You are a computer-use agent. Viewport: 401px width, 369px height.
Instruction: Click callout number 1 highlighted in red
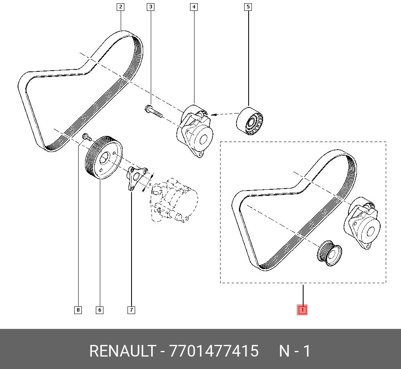[x=302, y=310]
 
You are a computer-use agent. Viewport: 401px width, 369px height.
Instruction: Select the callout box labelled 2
[x=120, y=7]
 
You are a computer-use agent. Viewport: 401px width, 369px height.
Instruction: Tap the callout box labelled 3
[x=150, y=7]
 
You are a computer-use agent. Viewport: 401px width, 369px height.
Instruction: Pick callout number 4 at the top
[x=194, y=7]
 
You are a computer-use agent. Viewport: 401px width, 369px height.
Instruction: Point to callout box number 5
[x=248, y=7]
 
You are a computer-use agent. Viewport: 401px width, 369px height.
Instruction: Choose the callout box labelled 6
[x=99, y=310]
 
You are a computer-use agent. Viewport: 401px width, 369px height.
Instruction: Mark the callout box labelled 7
[x=131, y=310]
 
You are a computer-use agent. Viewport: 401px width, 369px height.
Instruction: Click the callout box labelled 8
[x=78, y=310]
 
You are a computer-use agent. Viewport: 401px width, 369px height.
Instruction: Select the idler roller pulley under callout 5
[x=251, y=122]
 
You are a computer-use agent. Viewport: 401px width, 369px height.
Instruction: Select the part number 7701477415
[x=214, y=351]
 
